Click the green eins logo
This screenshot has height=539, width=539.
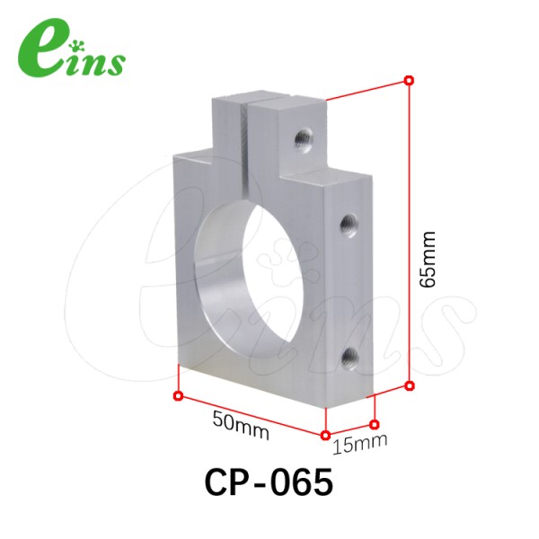tap(72, 48)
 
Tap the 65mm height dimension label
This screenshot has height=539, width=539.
tap(428, 260)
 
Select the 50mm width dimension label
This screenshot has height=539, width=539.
tap(241, 425)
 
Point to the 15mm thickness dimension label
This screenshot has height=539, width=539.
tap(360, 444)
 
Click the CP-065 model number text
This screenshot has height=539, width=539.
tap(269, 482)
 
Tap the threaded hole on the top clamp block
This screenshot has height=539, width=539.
tap(304, 139)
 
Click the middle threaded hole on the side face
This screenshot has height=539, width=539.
tap(349, 225)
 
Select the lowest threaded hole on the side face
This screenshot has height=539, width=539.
tap(350, 358)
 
